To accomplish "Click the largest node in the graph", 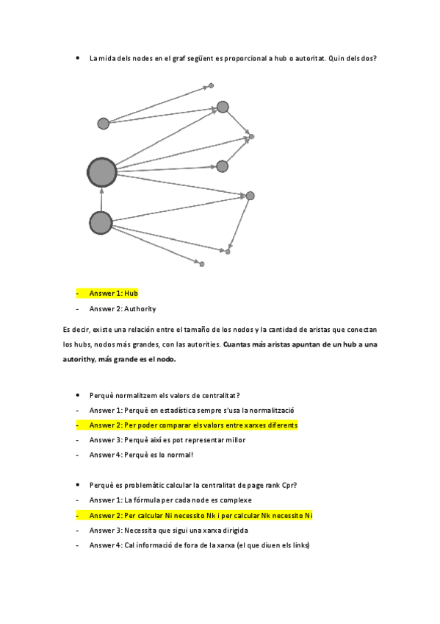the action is click(102, 173).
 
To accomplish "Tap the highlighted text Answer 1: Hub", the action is click(114, 293).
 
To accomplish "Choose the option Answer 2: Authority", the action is click(123, 309).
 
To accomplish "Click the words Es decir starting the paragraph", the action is click(77, 330).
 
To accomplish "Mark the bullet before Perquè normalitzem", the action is click(78, 396).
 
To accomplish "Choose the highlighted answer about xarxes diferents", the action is click(194, 425).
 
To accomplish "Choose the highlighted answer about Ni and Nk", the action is click(201, 515).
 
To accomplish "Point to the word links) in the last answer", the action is click(300, 545).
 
